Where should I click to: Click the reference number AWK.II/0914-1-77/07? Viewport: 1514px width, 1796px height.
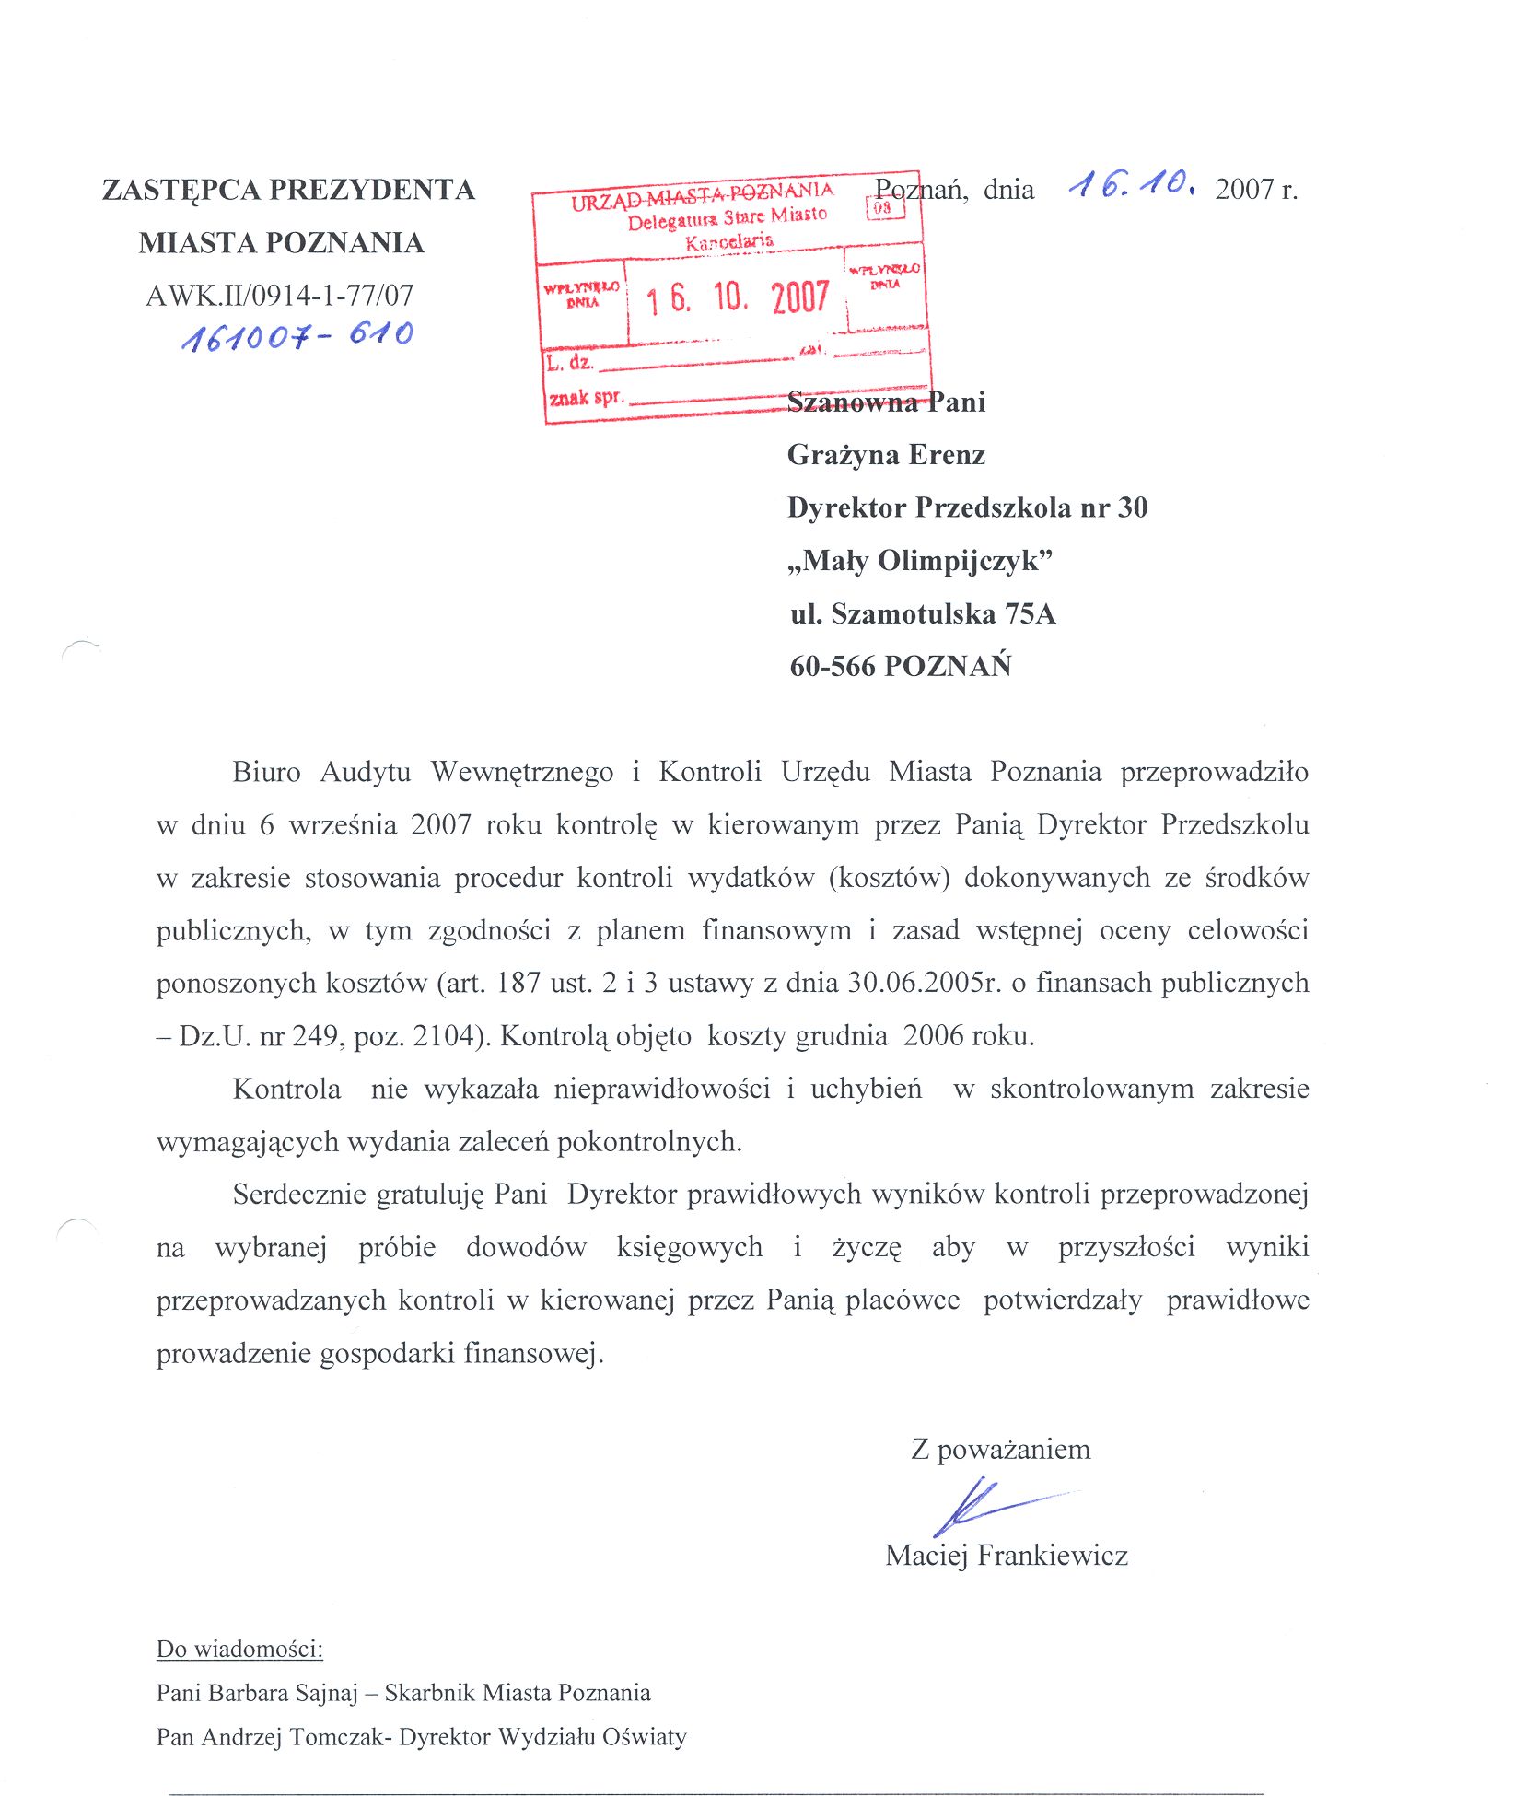point(280,296)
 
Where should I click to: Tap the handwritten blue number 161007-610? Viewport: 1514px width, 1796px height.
point(297,335)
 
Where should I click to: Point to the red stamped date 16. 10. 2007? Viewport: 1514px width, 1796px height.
point(737,298)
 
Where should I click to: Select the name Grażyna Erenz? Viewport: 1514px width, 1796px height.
point(886,455)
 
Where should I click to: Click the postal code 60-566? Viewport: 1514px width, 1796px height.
point(832,667)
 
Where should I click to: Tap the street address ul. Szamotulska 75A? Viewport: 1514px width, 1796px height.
point(923,614)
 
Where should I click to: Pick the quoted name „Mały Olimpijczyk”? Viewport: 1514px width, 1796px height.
point(920,561)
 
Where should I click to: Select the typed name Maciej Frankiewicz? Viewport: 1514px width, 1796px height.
point(1007,1556)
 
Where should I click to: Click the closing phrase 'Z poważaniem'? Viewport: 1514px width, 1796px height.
point(1001,1450)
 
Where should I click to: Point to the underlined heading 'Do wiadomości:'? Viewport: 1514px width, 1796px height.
point(239,1649)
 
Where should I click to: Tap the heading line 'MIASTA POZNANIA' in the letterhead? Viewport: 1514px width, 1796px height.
point(281,243)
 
